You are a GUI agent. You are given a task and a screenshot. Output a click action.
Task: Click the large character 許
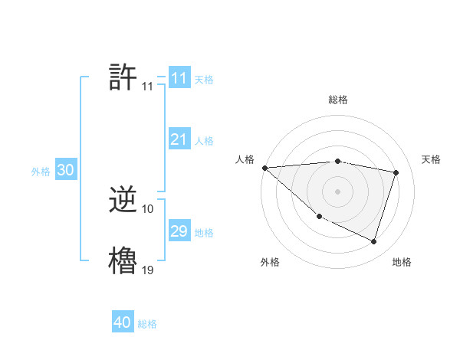click(x=123, y=77)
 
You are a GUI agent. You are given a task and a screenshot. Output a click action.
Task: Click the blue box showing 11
click(x=179, y=78)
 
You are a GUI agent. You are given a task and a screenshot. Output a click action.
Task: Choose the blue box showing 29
click(x=179, y=231)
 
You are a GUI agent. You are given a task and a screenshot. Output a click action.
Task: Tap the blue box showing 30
click(x=65, y=170)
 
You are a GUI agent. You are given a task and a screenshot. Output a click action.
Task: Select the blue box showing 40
click(x=123, y=322)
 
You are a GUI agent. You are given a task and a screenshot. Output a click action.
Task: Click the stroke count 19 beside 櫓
click(x=147, y=270)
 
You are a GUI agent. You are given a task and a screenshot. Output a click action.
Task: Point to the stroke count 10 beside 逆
click(x=148, y=208)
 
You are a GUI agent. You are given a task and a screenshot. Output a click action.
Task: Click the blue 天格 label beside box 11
click(x=204, y=80)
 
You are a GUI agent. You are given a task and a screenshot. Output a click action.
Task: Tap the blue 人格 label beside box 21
click(x=204, y=141)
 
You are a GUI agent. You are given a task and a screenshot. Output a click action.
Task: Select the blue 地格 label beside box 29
click(x=204, y=233)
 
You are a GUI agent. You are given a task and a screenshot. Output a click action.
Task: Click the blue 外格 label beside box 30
click(x=41, y=172)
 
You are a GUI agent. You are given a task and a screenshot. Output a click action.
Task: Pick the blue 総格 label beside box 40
click(x=147, y=324)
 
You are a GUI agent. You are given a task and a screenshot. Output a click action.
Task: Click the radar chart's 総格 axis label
click(x=338, y=100)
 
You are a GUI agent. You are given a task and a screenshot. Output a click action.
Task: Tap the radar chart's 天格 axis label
click(x=432, y=159)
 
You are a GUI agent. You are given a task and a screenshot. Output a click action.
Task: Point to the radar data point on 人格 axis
click(x=264, y=168)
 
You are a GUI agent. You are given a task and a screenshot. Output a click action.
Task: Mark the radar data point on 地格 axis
click(x=374, y=242)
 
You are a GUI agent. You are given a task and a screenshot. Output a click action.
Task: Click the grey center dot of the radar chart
click(x=337, y=191)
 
